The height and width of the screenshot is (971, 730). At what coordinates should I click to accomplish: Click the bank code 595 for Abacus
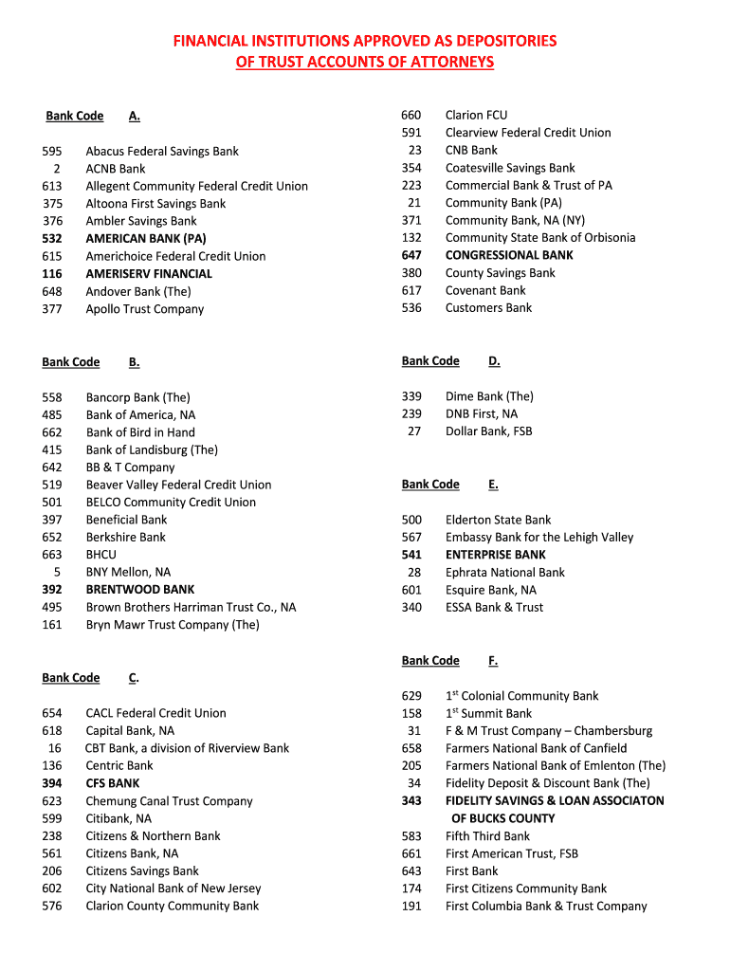52,151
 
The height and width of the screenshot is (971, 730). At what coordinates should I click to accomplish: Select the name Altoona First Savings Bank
155,204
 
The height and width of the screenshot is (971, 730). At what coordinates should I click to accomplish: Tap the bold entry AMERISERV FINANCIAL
149,274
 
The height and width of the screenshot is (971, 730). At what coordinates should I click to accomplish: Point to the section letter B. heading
135,362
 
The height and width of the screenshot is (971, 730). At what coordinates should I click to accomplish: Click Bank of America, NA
140,415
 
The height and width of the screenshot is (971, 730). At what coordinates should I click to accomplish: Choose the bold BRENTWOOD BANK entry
139,590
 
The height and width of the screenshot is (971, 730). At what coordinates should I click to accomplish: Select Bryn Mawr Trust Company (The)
172,625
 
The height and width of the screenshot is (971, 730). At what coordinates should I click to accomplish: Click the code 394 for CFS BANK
52,783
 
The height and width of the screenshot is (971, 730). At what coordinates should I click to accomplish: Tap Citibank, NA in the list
119,818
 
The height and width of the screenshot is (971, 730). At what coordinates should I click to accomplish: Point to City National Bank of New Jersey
173,889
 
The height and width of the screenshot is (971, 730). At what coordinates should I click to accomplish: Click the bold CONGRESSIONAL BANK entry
509,255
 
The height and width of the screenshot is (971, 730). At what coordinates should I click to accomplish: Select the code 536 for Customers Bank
411,308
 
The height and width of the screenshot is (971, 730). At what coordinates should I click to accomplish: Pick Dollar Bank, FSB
488,431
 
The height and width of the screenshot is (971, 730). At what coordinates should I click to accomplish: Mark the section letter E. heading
493,485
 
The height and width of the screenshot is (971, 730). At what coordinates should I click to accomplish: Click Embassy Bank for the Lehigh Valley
538,538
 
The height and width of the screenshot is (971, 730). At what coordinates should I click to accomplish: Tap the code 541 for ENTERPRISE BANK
411,555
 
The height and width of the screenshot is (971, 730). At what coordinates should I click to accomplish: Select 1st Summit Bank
488,713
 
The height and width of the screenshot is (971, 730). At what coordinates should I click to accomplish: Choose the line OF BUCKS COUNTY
502,818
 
